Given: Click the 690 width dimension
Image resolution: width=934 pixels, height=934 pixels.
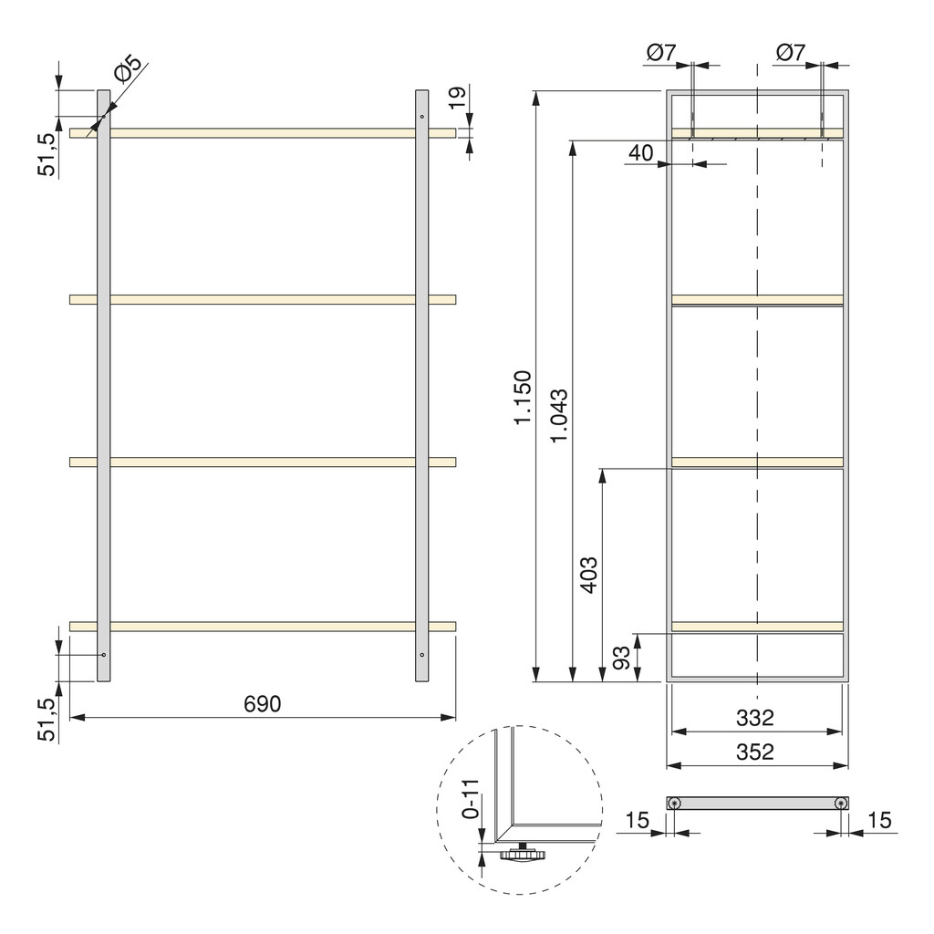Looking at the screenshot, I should (x=263, y=704).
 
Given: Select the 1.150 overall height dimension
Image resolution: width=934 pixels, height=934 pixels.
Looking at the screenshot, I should (x=522, y=397).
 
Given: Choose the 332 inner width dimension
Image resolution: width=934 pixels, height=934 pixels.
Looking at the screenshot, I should (x=755, y=718).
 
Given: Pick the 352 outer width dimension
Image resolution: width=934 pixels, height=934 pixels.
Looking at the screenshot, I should (x=755, y=752).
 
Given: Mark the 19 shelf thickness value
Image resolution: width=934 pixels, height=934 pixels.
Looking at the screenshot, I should (x=458, y=97).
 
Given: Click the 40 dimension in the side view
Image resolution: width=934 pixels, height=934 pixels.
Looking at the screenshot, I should (x=640, y=153).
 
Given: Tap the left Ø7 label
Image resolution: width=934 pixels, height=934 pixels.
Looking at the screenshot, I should (x=659, y=54).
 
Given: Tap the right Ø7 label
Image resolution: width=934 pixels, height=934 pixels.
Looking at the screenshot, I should (x=790, y=54).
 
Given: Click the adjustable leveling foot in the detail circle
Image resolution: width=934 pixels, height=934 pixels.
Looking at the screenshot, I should (x=523, y=856).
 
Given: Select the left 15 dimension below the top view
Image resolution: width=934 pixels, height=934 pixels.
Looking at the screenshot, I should (x=638, y=821).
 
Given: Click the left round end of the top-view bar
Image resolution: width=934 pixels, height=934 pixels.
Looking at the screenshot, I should (x=674, y=803).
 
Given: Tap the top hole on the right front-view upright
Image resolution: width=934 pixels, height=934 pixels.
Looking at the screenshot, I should (x=421, y=117).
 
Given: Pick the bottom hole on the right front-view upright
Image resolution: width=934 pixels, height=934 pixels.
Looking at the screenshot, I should (x=421, y=655).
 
